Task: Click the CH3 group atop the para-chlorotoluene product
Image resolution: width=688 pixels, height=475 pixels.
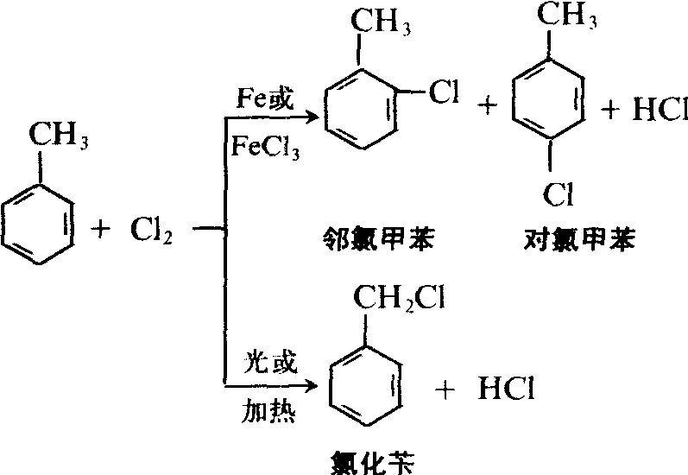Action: point(568,16)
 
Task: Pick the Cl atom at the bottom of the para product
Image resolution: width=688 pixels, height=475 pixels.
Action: point(559,195)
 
